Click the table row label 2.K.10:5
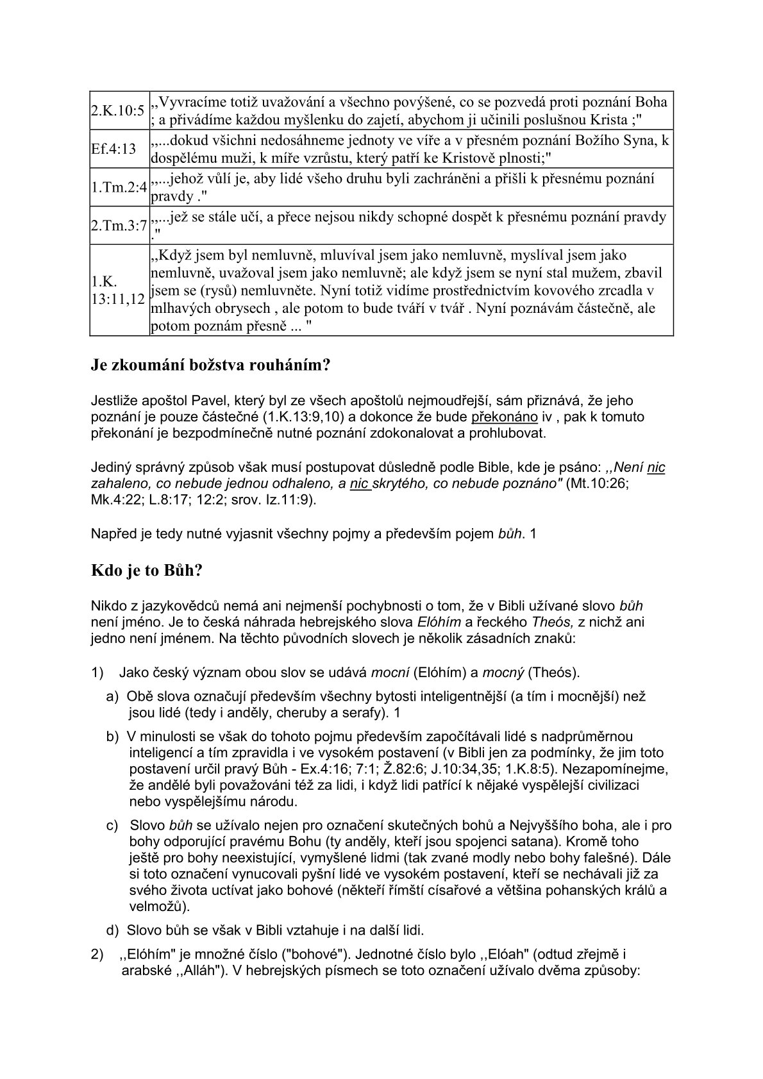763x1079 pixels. click(x=117, y=110)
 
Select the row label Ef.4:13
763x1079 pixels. click(x=113, y=149)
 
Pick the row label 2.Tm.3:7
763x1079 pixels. click(x=119, y=226)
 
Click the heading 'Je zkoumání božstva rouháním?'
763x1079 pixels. click(x=210, y=366)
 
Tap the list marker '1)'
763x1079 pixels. click(x=97, y=673)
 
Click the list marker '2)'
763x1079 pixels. click(x=97, y=955)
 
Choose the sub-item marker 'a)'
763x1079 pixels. click(x=112, y=696)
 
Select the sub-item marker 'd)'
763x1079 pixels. click(x=112, y=930)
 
